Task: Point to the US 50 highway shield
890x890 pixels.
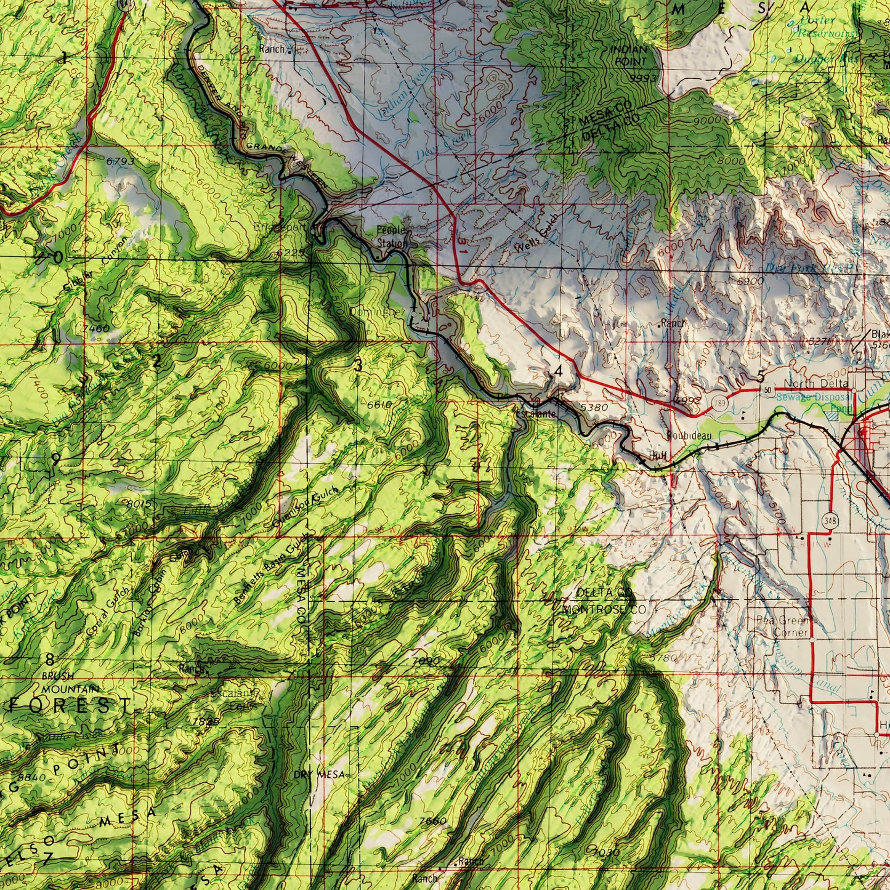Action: tap(767, 390)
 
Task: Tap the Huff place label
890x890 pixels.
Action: tap(658, 456)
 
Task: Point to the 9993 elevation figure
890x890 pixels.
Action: tap(644, 79)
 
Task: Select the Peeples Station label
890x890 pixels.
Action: tap(392, 237)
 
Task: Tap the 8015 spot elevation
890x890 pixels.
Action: tap(139, 504)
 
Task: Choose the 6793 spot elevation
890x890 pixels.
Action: tap(119, 161)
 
